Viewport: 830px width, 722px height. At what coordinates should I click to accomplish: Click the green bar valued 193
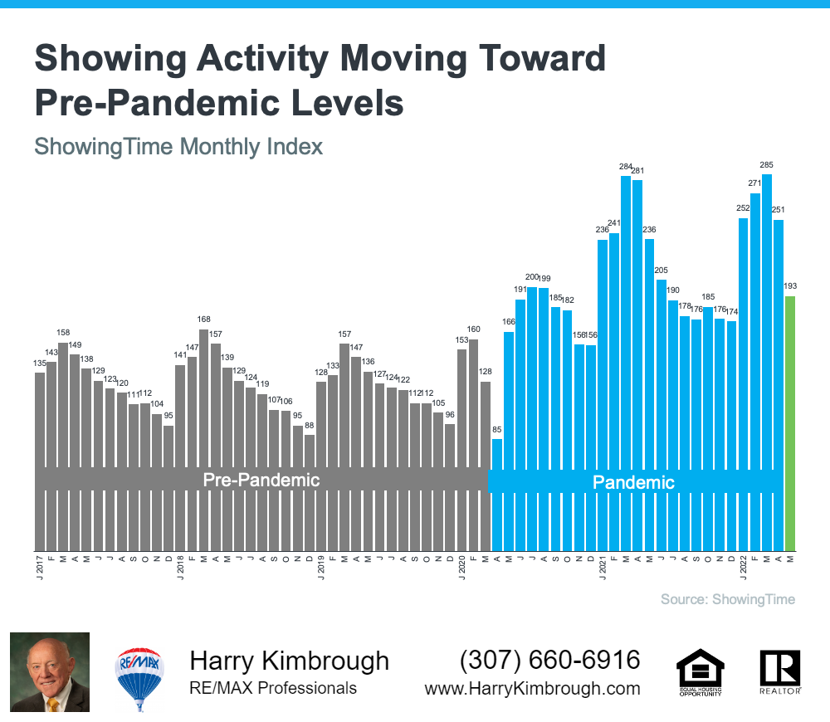tap(789, 423)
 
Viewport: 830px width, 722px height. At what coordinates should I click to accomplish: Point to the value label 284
tap(626, 167)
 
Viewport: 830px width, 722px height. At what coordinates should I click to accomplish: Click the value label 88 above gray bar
tap(310, 427)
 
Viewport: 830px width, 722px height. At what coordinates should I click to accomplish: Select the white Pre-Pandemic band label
tap(261, 480)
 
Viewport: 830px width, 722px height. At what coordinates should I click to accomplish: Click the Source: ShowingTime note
tap(727, 599)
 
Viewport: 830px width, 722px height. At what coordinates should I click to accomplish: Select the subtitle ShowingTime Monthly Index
tap(178, 147)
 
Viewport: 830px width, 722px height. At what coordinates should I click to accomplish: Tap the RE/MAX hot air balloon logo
tap(139, 673)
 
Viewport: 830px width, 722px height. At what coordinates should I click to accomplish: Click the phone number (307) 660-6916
tap(550, 661)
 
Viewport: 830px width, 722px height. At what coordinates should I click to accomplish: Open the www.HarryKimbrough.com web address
tap(532, 689)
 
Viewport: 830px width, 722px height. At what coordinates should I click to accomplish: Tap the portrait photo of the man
tap(50, 672)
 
